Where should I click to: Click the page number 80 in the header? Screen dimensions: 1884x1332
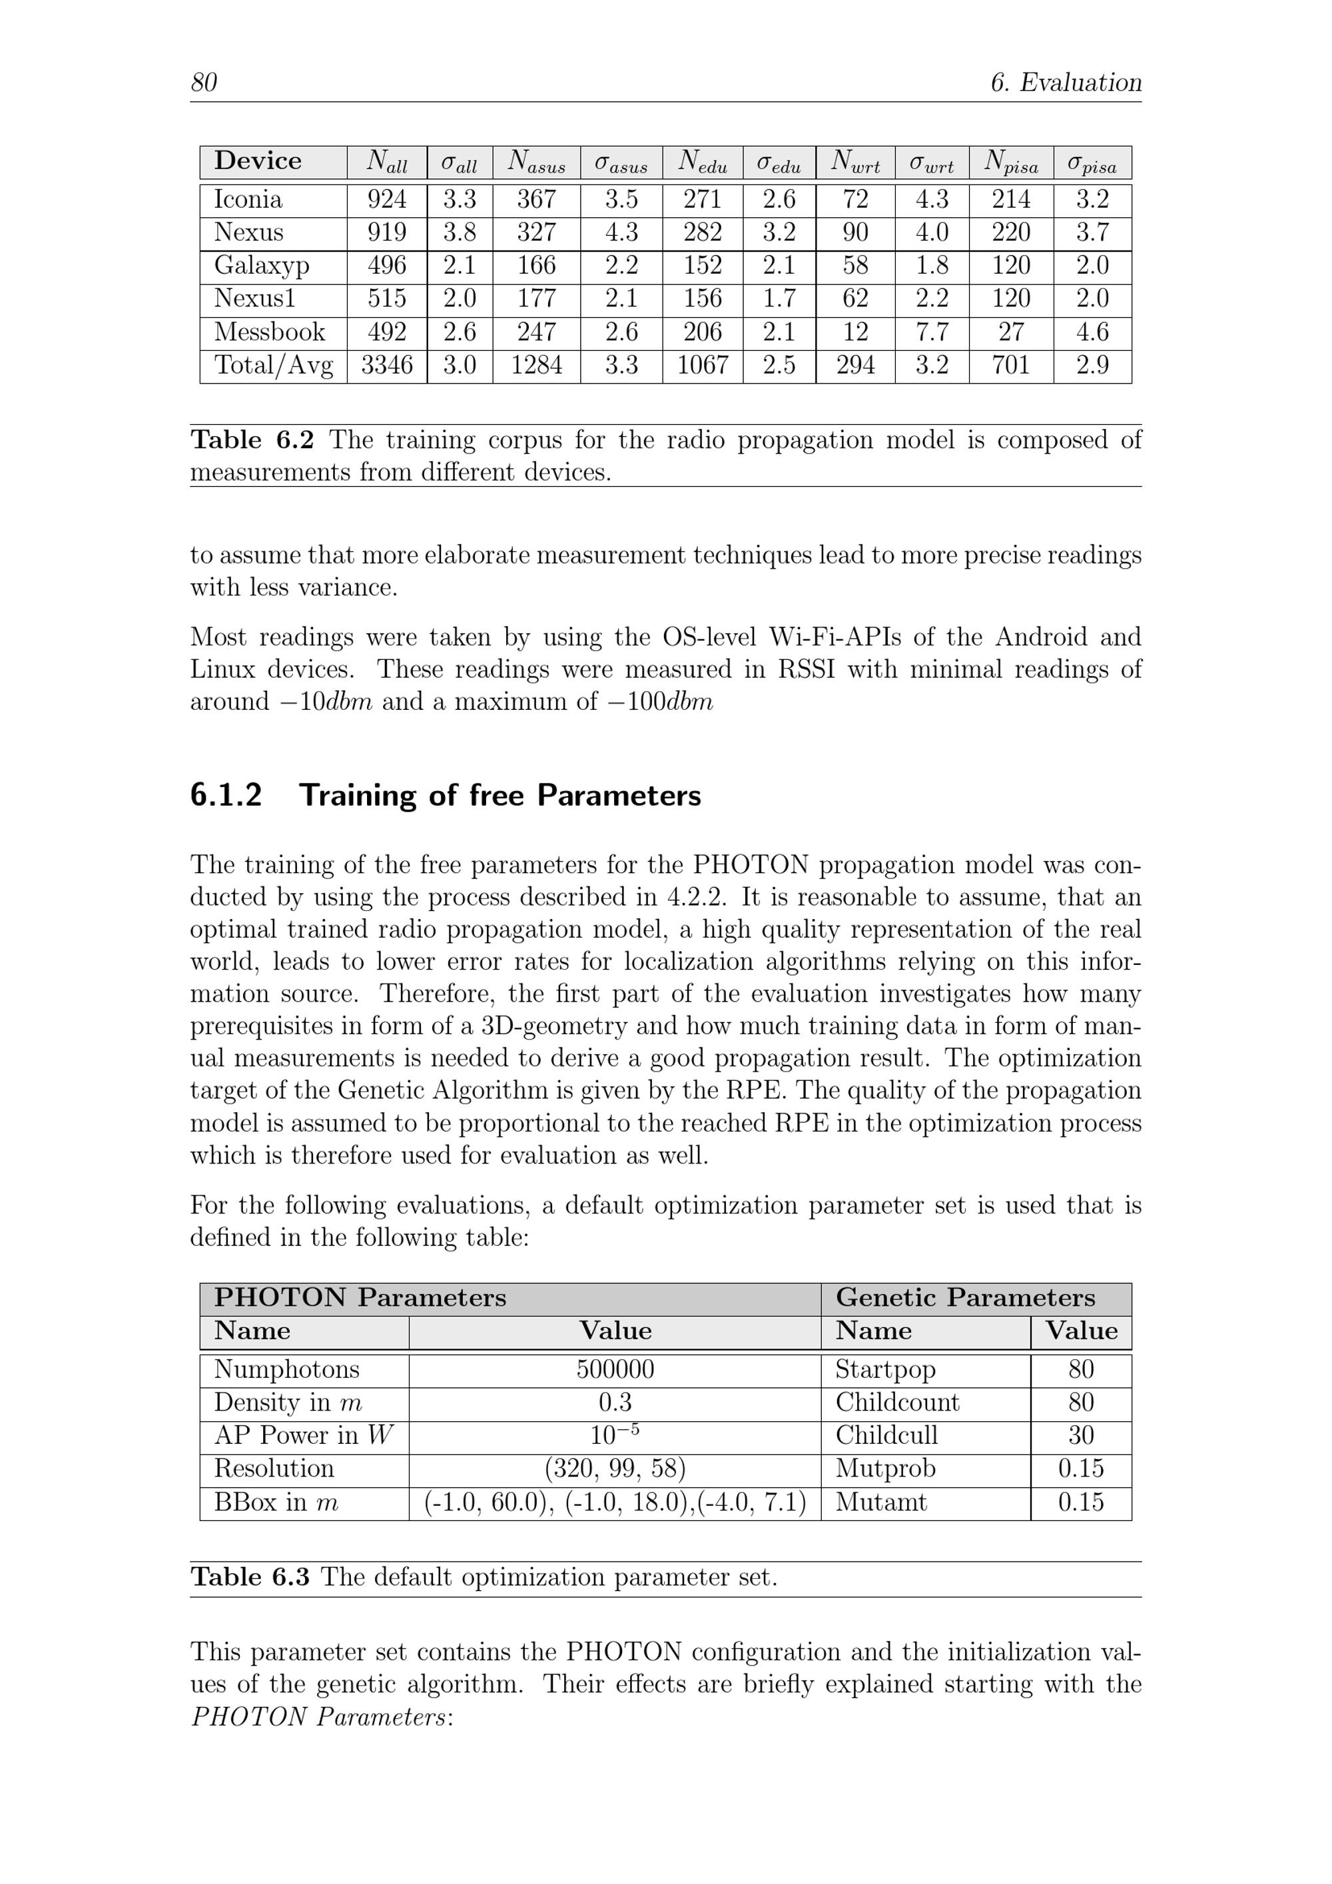(x=204, y=83)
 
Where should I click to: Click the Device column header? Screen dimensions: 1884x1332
(x=258, y=161)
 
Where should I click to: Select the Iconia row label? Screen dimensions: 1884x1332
(x=248, y=199)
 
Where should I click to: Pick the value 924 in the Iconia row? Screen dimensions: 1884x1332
(x=386, y=199)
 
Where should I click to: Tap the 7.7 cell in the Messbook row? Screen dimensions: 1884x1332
(x=932, y=332)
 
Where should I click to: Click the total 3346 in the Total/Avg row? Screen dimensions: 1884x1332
(x=386, y=365)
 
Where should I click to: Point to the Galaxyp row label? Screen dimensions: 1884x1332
(x=262, y=265)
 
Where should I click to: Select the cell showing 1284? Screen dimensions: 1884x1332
(x=536, y=365)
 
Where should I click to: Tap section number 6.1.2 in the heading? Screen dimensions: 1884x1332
(x=226, y=796)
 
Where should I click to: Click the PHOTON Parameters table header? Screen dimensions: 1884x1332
(x=360, y=1297)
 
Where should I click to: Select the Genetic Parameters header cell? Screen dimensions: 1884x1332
(x=965, y=1297)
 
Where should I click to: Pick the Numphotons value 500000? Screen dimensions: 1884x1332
(x=615, y=1369)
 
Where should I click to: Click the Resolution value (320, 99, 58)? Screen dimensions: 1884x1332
(x=615, y=1468)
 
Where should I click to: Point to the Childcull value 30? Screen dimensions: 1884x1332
(x=1081, y=1435)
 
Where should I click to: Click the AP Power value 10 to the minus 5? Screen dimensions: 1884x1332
(x=615, y=1434)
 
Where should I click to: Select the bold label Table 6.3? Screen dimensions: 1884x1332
(x=250, y=1577)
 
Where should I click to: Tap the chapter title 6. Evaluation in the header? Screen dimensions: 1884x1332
(x=1066, y=83)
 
